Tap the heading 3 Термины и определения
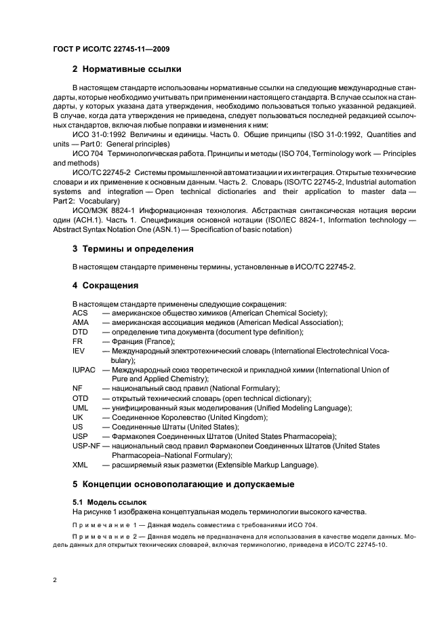coord(133,249)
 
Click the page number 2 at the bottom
coord(54,579)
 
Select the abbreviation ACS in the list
coord(80,313)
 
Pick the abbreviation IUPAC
coord(84,370)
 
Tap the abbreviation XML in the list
coord(80,465)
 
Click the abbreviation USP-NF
coord(86,446)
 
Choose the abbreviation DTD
coord(80,332)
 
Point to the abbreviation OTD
coord(80,398)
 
